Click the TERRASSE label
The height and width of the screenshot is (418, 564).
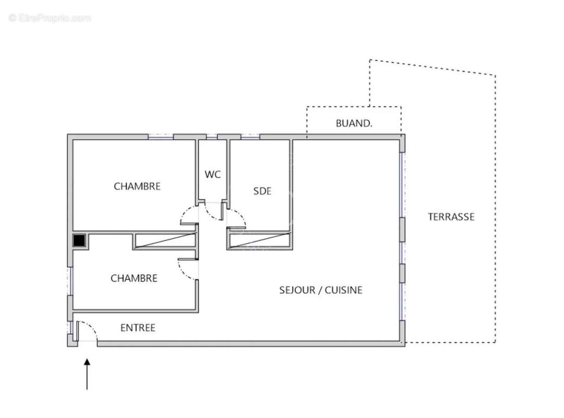coord(451,217)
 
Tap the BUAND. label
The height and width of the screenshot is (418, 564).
coord(354,124)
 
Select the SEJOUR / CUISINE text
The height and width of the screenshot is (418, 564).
coord(320,290)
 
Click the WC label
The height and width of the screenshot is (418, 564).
coord(212,175)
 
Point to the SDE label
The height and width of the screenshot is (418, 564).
coord(262,191)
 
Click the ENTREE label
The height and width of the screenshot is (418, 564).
coord(138,328)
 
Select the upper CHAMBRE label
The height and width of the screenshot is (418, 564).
coord(137,186)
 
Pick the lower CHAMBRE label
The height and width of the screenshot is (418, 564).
coord(134,278)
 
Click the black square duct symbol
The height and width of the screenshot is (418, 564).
coord(79,241)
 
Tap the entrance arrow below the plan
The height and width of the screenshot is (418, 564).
coord(87,373)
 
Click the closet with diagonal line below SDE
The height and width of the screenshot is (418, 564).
coord(259,240)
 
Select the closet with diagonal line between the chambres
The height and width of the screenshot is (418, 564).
coord(164,241)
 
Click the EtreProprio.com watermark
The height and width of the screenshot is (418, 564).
coord(50,18)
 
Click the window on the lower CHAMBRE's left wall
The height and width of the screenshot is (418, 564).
coord(70,282)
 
